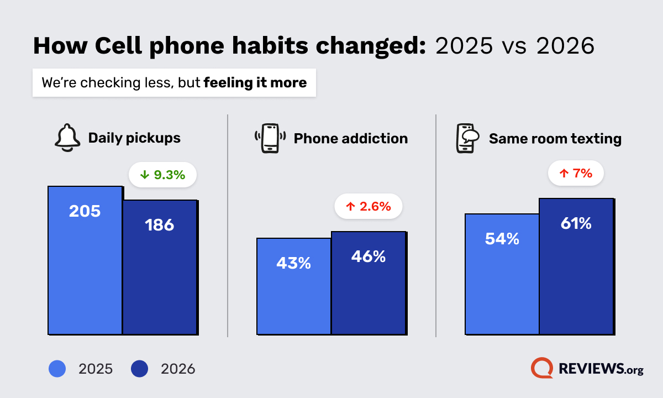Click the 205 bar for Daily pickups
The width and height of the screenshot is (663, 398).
(x=85, y=260)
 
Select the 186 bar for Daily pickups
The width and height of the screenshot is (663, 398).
(x=160, y=267)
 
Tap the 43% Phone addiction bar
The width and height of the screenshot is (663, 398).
(x=293, y=286)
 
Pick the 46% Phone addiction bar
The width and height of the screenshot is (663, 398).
(x=369, y=282)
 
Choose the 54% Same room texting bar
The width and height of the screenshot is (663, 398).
(x=502, y=274)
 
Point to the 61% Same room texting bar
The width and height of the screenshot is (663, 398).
(x=576, y=266)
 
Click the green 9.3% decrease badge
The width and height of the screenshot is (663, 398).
(x=162, y=175)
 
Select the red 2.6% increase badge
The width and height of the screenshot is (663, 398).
(x=369, y=207)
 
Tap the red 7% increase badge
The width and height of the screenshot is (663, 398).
(x=575, y=174)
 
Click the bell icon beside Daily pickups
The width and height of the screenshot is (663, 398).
(x=68, y=138)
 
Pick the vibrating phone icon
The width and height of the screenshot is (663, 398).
(x=270, y=138)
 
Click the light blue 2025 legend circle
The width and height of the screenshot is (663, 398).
(x=57, y=369)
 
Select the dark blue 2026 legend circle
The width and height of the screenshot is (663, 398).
(x=140, y=369)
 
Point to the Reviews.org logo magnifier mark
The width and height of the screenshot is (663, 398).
(x=542, y=368)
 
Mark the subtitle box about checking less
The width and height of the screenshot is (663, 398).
(x=174, y=83)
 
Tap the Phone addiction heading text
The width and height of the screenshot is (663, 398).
(x=351, y=138)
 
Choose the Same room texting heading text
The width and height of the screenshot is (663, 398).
(x=555, y=138)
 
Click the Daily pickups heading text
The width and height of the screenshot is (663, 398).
(x=134, y=138)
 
